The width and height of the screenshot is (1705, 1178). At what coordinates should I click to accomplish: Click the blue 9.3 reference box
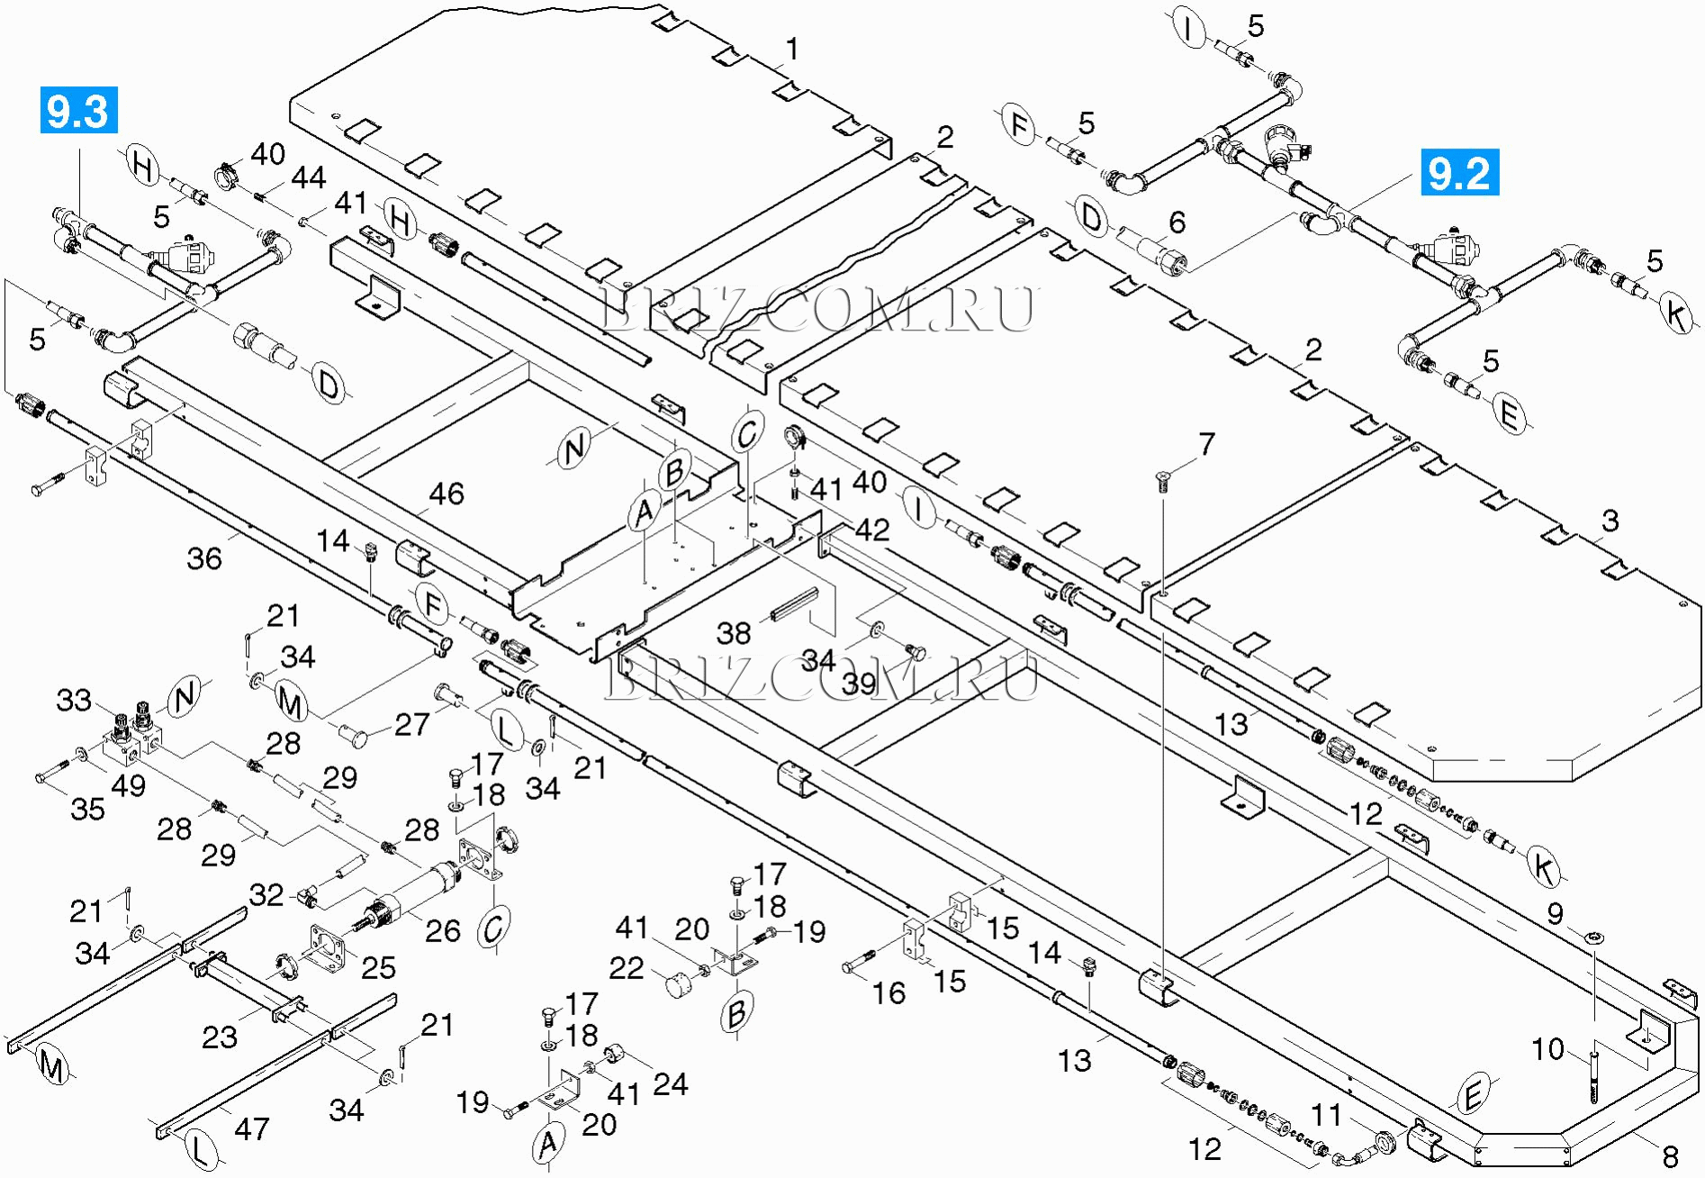(x=78, y=111)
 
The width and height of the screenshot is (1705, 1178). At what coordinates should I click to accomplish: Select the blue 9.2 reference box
(x=1459, y=172)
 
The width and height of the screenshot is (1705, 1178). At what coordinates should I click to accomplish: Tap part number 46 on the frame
(x=447, y=494)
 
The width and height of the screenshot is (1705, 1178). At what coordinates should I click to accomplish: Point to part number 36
(x=204, y=558)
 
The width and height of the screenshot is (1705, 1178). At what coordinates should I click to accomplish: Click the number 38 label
(x=734, y=633)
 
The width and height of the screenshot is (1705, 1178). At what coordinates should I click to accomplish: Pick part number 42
(x=871, y=530)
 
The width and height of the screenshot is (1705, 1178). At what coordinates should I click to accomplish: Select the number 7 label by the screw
(x=1206, y=444)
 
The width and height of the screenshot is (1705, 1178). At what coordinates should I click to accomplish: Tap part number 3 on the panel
(x=1610, y=521)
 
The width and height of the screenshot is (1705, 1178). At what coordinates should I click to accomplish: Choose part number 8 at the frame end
(x=1670, y=1155)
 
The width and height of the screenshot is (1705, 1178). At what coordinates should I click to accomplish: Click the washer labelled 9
(x=1594, y=938)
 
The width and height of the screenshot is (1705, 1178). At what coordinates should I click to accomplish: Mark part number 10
(x=1548, y=1049)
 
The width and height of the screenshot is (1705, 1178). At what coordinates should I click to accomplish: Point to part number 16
(x=889, y=992)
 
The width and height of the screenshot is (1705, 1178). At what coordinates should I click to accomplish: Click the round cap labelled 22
(x=679, y=985)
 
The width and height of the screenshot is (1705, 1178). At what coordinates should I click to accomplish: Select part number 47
(x=251, y=1128)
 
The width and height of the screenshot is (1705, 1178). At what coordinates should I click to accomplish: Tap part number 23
(x=219, y=1037)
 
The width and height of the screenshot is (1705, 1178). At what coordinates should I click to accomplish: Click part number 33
(x=74, y=700)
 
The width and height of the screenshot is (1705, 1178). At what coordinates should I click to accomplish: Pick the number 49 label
(x=128, y=785)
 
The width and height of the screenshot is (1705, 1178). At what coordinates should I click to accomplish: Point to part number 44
(x=308, y=177)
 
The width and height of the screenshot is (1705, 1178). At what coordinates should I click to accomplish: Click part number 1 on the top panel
(x=792, y=49)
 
